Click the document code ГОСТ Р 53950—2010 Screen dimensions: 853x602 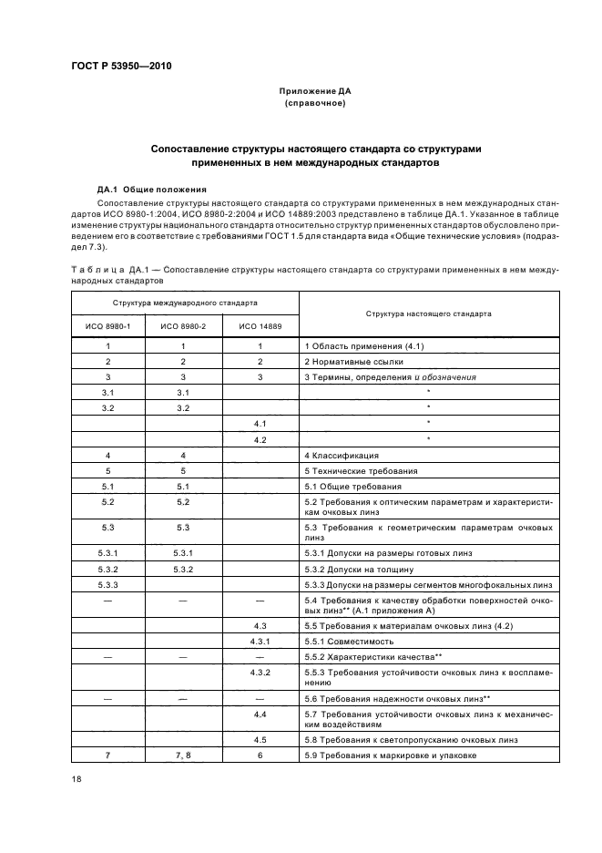tap(121, 67)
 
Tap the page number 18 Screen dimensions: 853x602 tap(77, 778)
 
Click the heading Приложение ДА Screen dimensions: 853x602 tap(314, 92)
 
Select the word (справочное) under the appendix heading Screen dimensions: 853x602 tap(314, 104)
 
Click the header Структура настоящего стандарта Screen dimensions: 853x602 tap(428, 313)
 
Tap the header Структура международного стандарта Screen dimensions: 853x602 tap(184, 302)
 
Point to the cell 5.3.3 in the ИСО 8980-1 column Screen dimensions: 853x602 tap(107, 584)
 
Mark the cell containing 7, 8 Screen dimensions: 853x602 tap(183, 755)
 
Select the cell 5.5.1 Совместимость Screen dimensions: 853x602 tap(349, 641)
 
